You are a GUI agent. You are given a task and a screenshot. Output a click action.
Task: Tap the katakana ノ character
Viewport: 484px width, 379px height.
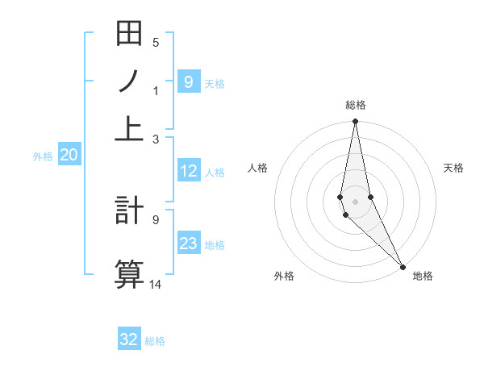click(x=129, y=81)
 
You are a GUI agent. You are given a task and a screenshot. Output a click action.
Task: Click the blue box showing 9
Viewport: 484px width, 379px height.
click(x=188, y=81)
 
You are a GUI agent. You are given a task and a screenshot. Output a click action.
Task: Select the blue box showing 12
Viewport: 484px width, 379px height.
click(x=188, y=171)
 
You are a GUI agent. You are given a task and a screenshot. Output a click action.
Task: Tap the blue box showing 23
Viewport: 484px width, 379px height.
click(x=188, y=243)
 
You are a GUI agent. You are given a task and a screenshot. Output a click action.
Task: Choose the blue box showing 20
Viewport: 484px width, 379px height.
click(x=68, y=155)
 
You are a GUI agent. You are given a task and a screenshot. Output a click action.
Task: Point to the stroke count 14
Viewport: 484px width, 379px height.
click(x=156, y=284)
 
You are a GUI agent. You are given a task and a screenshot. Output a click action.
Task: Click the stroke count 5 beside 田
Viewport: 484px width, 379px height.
click(x=156, y=43)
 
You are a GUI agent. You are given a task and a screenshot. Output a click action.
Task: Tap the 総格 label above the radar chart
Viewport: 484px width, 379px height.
click(x=356, y=105)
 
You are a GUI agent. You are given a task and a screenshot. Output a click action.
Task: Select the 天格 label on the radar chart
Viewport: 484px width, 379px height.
click(x=454, y=168)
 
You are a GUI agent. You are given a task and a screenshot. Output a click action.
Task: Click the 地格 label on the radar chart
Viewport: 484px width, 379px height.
click(x=423, y=277)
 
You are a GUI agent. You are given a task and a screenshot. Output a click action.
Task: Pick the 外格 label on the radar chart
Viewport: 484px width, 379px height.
click(x=284, y=277)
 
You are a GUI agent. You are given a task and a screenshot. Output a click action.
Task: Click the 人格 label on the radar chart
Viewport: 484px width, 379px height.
click(x=257, y=168)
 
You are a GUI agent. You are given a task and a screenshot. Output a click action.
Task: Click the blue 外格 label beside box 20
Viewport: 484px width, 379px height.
click(x=43, y=156)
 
